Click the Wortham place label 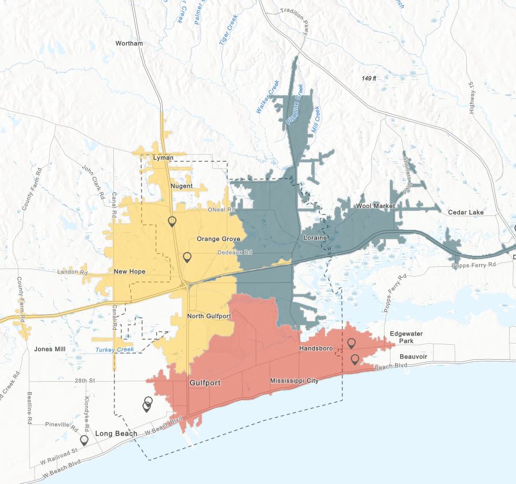[129, 43]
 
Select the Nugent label [182, 186]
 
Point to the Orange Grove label [218, 239]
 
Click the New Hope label [130, 271]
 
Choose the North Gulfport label [209, 317]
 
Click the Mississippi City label [294, 381]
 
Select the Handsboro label [315, 349]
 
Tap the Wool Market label [375, 206]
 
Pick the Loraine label [315, 238]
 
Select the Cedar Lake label [466, 213]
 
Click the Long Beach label [116, 434]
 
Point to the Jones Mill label [50, 349]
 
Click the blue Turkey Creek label [115, 349]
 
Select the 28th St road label [84, 381]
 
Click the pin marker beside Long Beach [84, 440]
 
